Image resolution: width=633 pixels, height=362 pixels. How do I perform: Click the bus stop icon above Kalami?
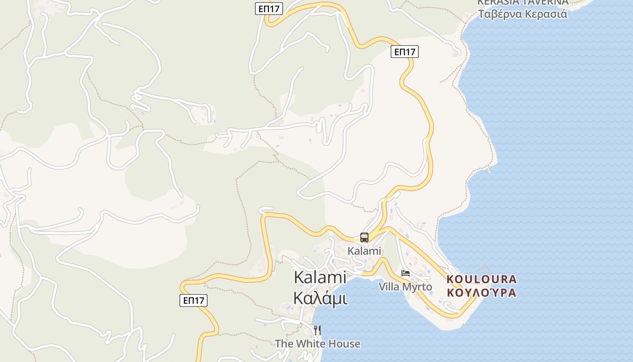pyautogui.click(x=364, y=238)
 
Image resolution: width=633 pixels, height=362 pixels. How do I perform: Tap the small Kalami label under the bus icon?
pyautogui.click(x=364, y=251)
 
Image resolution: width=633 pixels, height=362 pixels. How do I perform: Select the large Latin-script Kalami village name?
pyautogui.click(x=320, y=277)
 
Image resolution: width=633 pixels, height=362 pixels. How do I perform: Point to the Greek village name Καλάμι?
pyautogui.click(x=320, y=298)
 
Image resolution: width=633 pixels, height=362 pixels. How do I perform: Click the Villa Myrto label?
pyautogui.click(x=405, y=287)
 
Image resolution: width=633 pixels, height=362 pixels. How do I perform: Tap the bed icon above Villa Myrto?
pyautogui.click(x=406, y=273)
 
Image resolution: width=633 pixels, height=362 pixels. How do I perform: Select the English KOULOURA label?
pyautogui.click(x=482, y=279)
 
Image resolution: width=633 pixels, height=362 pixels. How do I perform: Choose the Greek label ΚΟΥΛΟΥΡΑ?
pyautogui.click(x=482, y=292)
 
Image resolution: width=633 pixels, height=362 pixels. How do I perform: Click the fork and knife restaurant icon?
pyautogui.click(x=317, y=330)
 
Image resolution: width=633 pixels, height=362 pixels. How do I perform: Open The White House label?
pyautogui.click(x=317, y=344)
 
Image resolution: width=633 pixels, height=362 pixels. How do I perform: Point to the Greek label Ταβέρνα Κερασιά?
pyautogui.click(x=523, y=14)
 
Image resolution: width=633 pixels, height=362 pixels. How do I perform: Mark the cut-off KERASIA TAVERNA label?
pyautogui.click(x=523, y=2)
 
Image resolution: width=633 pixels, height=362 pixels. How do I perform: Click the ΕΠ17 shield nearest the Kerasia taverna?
pyautogui.click(x=405, y=52)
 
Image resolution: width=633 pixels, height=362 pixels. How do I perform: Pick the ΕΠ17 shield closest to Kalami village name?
pyautogui.click(x=194, y=300)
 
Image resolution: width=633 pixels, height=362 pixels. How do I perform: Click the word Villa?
pyautogui.click(x=388, y=287)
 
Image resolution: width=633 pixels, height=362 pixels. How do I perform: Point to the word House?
pyautogui.click(x=345, y=344)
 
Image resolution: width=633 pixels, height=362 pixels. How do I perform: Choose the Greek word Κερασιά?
pyautogui.click(x=545, y=14)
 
